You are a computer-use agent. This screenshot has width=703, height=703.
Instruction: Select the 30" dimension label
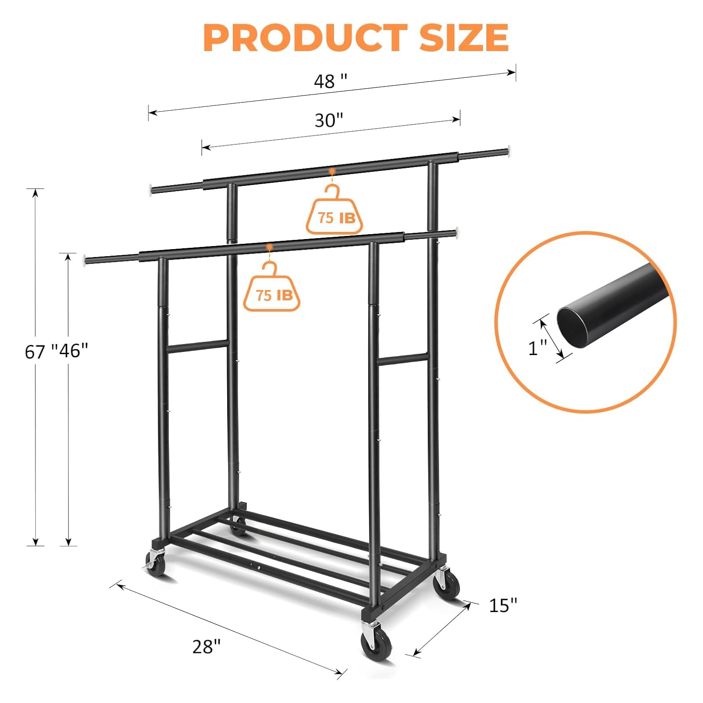(329, 120)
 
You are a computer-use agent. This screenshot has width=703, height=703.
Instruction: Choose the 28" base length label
(207, 646)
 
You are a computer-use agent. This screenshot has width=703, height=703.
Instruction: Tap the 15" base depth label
(503, 605)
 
